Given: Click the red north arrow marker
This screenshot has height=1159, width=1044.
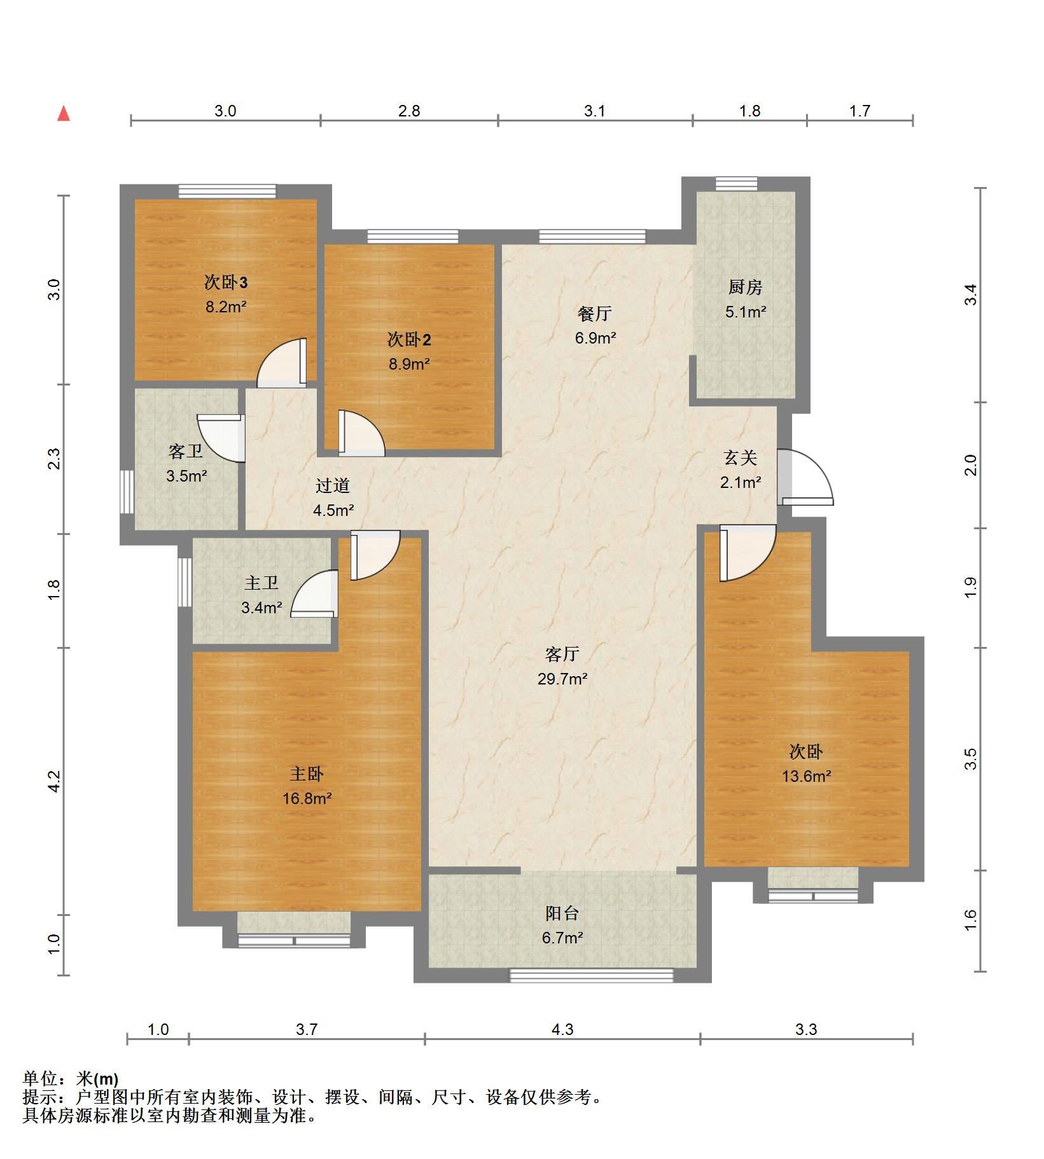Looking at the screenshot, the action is pyautogui.click(x=64, y=114).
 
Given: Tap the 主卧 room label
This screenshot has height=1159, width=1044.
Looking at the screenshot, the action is pyautogui.click(x=307, y=774).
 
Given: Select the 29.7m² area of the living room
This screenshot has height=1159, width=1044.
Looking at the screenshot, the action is pyautogui.click(x=562, y=679).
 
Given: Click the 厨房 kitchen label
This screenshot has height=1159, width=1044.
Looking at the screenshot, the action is pyautogui.click(x=745, y=287).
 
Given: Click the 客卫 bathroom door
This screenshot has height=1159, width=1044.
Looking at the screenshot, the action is pyautogui.click(x=221, y=438).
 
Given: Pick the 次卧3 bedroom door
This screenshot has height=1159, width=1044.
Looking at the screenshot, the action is pyautogui.click(x=282, y=363).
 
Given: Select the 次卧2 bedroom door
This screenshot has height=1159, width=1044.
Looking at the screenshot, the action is pyautogui.click(x=361, y=433).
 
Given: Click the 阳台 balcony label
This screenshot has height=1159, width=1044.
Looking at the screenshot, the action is pyautogui.click(x=562, y=913).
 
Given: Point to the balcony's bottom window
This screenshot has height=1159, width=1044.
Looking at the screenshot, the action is pyautogui.click(x=592, y=975).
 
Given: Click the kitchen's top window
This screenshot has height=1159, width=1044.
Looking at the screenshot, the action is pyautogui.click(x=736, y=184).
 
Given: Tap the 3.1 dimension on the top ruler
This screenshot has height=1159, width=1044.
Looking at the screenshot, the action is pyautogui.click(x=595, y=111).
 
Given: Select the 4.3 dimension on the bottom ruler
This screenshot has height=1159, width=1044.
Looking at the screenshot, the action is pyautogui.click(x=562, y=1029).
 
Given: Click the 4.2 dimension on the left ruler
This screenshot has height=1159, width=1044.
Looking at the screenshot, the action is pyautogui.click(x=54, y=781).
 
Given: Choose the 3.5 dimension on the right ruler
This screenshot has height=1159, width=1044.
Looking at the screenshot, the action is pyautogui.click(x=970, y=758).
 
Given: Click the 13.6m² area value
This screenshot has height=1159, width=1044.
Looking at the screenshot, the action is pyautogui.click(x=807, y=776).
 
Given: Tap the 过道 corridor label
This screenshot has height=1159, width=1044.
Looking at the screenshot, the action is pyautogui.click(x=333, y=485).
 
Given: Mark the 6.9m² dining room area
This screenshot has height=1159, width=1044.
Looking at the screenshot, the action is pyautogui.click(x=595, y=338).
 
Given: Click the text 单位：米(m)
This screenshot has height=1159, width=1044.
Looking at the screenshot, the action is pyautogui.click(x=71, y=1079).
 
